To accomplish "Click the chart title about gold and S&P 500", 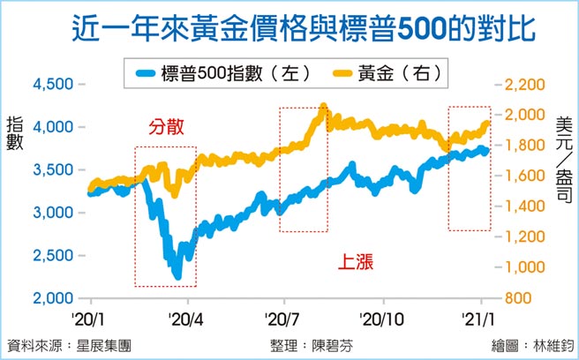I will click(289, 28).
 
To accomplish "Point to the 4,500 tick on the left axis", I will click(52, 85).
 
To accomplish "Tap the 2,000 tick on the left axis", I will click(52, 298).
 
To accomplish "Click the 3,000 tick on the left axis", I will click(52, 213).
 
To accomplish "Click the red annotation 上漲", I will click(357, 261).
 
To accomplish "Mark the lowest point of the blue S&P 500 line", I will click(178, 278).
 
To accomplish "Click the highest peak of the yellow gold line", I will click(323, 106).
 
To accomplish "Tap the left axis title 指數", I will click(14, 133).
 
